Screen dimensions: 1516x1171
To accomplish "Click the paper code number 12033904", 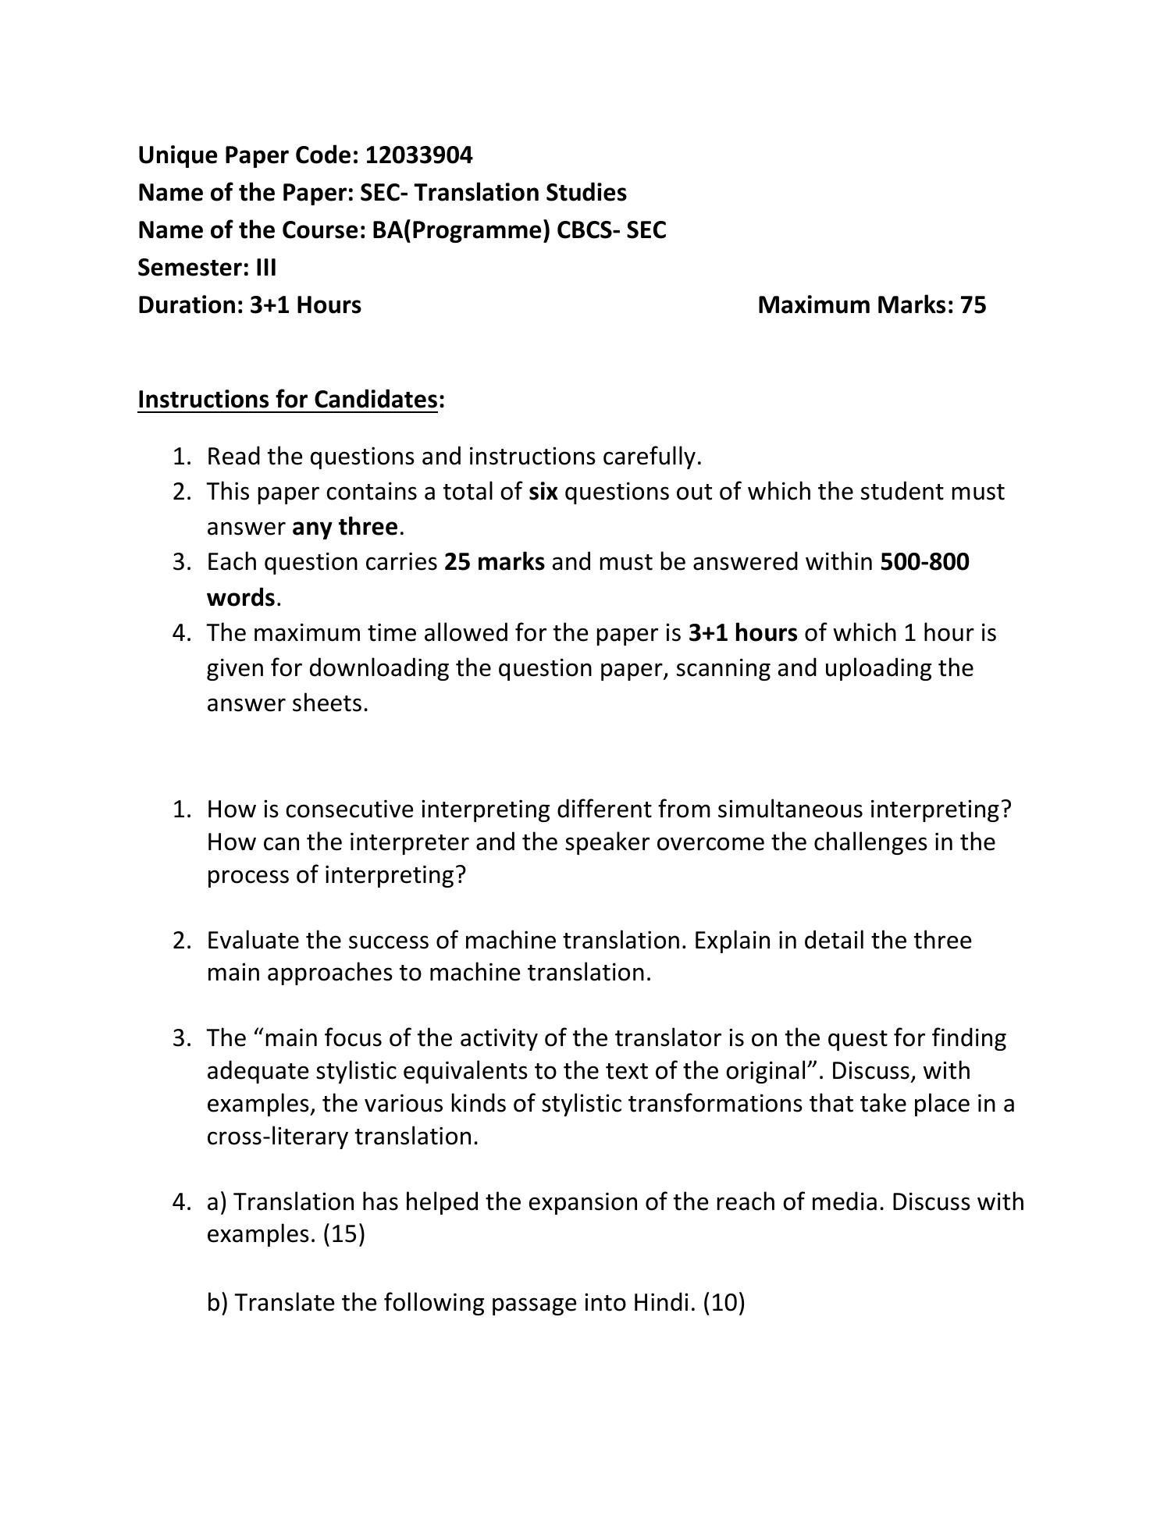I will click(418, 155).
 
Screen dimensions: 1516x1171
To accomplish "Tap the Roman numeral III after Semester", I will click(265, 268).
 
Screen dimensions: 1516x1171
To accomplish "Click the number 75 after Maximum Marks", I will click(973, 305).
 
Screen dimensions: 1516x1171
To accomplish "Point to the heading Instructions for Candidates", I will click(287, 400).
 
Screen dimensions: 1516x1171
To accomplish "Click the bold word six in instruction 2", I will click(543, 492).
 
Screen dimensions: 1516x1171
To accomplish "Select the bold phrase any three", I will click(344, 527).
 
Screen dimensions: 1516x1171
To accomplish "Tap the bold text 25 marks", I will click(494, 562).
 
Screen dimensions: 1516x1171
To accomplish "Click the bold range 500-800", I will click(924, 562).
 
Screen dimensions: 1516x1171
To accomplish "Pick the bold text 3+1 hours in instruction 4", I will click(742, 632).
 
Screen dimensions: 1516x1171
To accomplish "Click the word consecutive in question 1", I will click(349, 809).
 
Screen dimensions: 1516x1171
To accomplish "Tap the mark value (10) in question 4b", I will click(724, 1303).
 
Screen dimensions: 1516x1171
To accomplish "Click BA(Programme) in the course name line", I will click(461, 230).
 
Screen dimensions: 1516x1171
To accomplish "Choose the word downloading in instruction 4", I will click(357, 668).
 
